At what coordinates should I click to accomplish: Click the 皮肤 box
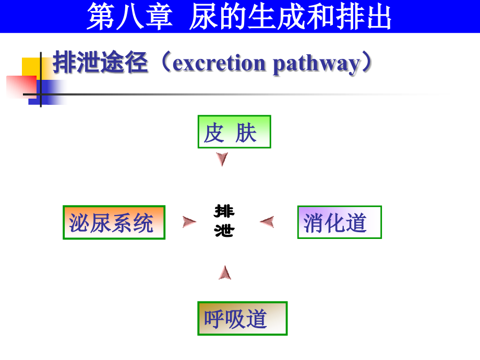(x=234, y=132)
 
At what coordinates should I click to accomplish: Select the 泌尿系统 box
(x=114, y=222)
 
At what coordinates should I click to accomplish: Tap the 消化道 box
(x=339, y=222)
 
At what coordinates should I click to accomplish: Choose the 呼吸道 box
(x=242, y=318)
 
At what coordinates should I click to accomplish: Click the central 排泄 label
(x=225, y=221)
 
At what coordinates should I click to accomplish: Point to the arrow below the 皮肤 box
(x=222, y=159)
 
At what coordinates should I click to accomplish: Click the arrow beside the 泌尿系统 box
(x=189, y=222)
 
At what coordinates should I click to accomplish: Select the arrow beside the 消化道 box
(x=267, y=222)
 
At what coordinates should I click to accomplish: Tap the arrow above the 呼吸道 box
(x=225, y=272)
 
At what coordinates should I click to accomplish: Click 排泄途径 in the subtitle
(x=101, y=63)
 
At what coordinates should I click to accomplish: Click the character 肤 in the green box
(x=246, y=133)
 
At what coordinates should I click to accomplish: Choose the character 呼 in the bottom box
(x=214, y=319)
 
